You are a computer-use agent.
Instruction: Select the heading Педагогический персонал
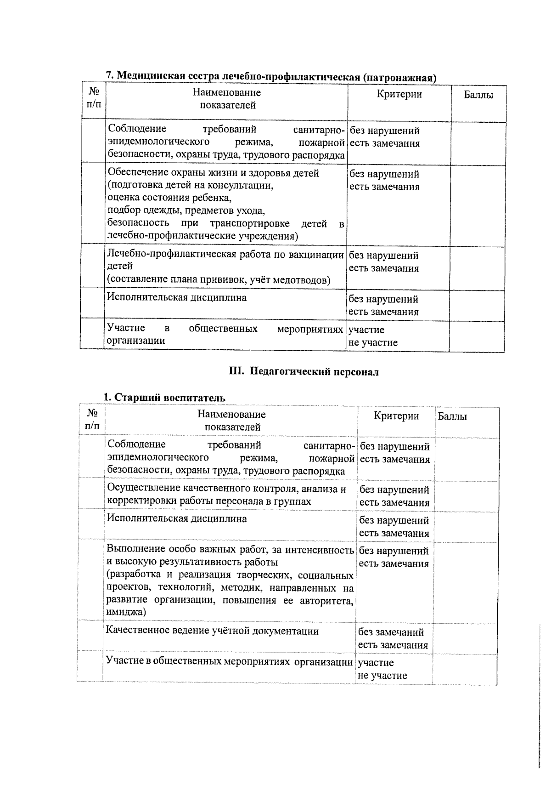[x=304, y=372]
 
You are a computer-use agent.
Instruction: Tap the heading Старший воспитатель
[x=164, y=398]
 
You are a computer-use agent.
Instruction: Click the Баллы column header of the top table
[x=478, y=95]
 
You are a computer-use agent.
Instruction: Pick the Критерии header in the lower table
[x=396, y=416]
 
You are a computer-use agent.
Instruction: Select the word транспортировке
[x=249, y=224]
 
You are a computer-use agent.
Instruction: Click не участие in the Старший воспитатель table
[x=382, y=675]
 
